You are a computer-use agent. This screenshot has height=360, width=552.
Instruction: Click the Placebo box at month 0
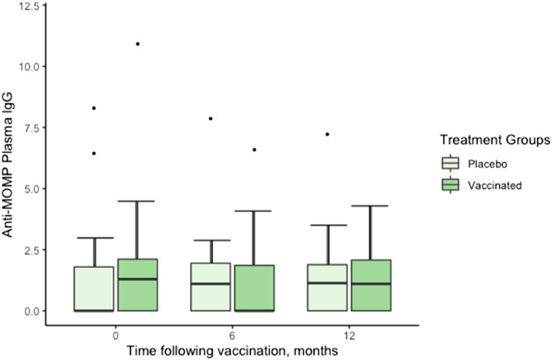point(94,288)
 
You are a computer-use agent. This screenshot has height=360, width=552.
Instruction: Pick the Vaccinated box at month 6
point(254,288)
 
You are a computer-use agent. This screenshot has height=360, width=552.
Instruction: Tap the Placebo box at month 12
point(327,288)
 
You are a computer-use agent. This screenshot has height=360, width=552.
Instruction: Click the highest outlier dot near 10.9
point(137,44)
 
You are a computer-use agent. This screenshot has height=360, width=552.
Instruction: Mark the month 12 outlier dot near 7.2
point(327,134)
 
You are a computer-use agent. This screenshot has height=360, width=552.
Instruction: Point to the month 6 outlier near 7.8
point(211,118)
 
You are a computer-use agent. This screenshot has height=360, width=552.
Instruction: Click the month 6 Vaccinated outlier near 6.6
point(254,150)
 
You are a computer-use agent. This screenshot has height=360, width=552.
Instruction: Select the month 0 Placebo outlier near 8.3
point(94,108)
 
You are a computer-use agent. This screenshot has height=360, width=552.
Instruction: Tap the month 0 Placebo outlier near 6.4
point(94,154)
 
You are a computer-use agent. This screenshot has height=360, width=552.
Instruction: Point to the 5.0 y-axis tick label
point(30,188)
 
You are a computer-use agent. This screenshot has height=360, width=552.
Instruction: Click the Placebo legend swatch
point(451,164)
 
